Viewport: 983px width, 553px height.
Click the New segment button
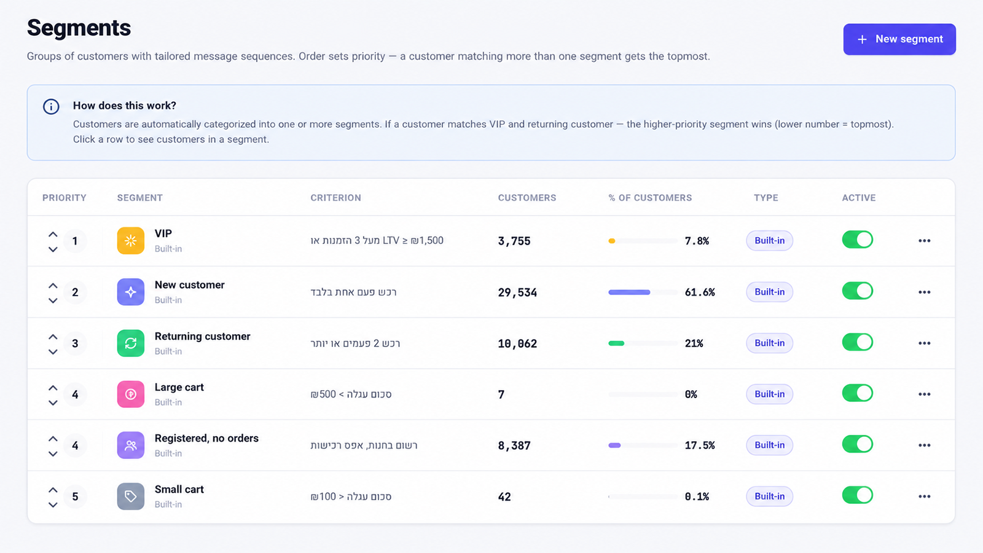pyautogui.click(x=899, y=39)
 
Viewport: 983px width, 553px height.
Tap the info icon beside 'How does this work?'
pyautogui.click(x=51, y=107)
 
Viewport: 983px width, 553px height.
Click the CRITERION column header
pyautogui.click(x=335, y=198)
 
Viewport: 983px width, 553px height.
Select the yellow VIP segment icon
pyautogui.click(x=131, y=240)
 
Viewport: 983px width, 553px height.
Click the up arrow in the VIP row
pyautogui.click(x=53, y=234)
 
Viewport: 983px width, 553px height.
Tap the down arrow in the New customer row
pyautogui.click(x=53, y=300)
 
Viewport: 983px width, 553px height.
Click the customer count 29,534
pyautogui.click(x=517, y=292)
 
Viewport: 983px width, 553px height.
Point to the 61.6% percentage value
pyautogui.click(x=700, y=292)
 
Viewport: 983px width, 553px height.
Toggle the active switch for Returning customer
pyautogui.click(x=858, y=342)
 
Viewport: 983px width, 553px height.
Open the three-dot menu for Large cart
pyautogui.click(x=924, y=394)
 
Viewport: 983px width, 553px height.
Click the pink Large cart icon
pyautogui.click(x=131, y=394)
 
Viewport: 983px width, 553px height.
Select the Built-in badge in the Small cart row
pyautogui.click(x=769, y=496)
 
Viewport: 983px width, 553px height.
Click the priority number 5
pyautogui.click(x=75, y=496)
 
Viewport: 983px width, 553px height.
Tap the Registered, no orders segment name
pyautogui.click(x=206, y=439)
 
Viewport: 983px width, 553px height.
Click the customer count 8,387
pyautogui.click(x=514, y=445)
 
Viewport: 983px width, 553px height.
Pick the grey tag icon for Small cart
pyautogui.click(x=131, y=496)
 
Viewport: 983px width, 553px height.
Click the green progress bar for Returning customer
pyautogui.click(x=616, y=343)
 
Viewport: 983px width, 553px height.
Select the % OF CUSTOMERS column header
pyautogui.click(x=650, y=198)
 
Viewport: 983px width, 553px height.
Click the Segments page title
pyautogui.click(x=79, y=28)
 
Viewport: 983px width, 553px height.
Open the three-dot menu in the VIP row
pyautogui.click(x=924, y=240)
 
